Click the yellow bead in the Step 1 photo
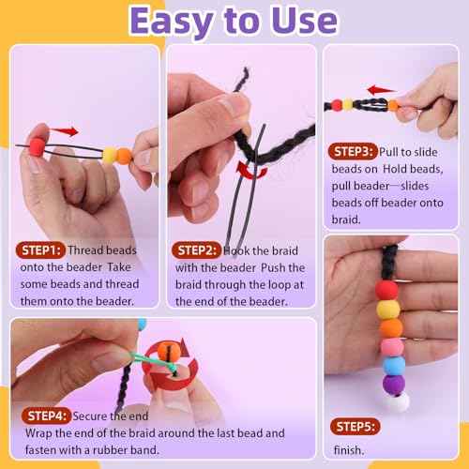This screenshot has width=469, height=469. pos(109,153)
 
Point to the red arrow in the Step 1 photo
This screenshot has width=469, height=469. pos(64,131)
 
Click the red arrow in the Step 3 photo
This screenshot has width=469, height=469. pos(379,90)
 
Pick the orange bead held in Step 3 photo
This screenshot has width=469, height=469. pos(392,105)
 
